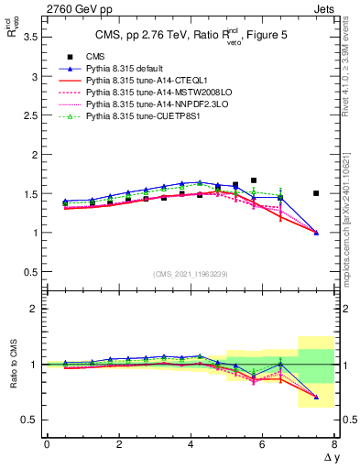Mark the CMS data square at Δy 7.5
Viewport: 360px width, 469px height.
[x=316, y=193]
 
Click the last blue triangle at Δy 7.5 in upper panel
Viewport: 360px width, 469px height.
[x=316, y=233]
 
